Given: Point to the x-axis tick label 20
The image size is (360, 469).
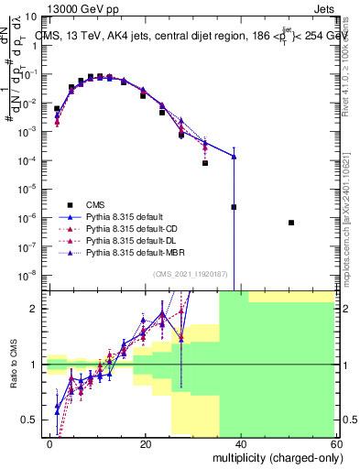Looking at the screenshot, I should pyautogui.click(x=146, y=444).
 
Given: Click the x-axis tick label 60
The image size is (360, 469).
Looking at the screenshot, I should pyautogui.click(x=334, y=444).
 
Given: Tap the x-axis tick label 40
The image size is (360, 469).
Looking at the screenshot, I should pyautogui.click(x=240, y=444).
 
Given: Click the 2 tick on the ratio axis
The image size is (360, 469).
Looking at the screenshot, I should pyautogui.click(x=37, y=309).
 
